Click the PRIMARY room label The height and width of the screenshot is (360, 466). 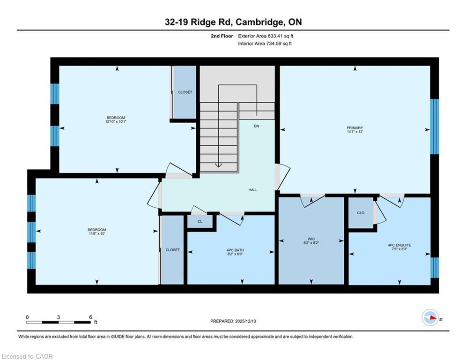coord(355,127)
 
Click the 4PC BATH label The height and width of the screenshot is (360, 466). coord(235,250)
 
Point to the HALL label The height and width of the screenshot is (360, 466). coord(253,190)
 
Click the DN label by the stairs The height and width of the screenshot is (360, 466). coord(257,127)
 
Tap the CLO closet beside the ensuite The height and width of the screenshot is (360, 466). coord(361,213)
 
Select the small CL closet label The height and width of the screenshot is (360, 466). coord(200,221)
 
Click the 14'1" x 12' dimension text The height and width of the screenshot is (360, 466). coord(355,132)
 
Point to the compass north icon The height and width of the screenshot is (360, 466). coord(429,317)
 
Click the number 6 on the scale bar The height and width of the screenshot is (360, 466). coord(90,317)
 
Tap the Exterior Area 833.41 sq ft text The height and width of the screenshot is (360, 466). coord(266,36)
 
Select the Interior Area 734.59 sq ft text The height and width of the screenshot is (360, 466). coord(265,44)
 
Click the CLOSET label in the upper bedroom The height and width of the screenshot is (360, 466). coord(185,92)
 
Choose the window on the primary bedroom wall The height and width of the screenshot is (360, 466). coord(435,127)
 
